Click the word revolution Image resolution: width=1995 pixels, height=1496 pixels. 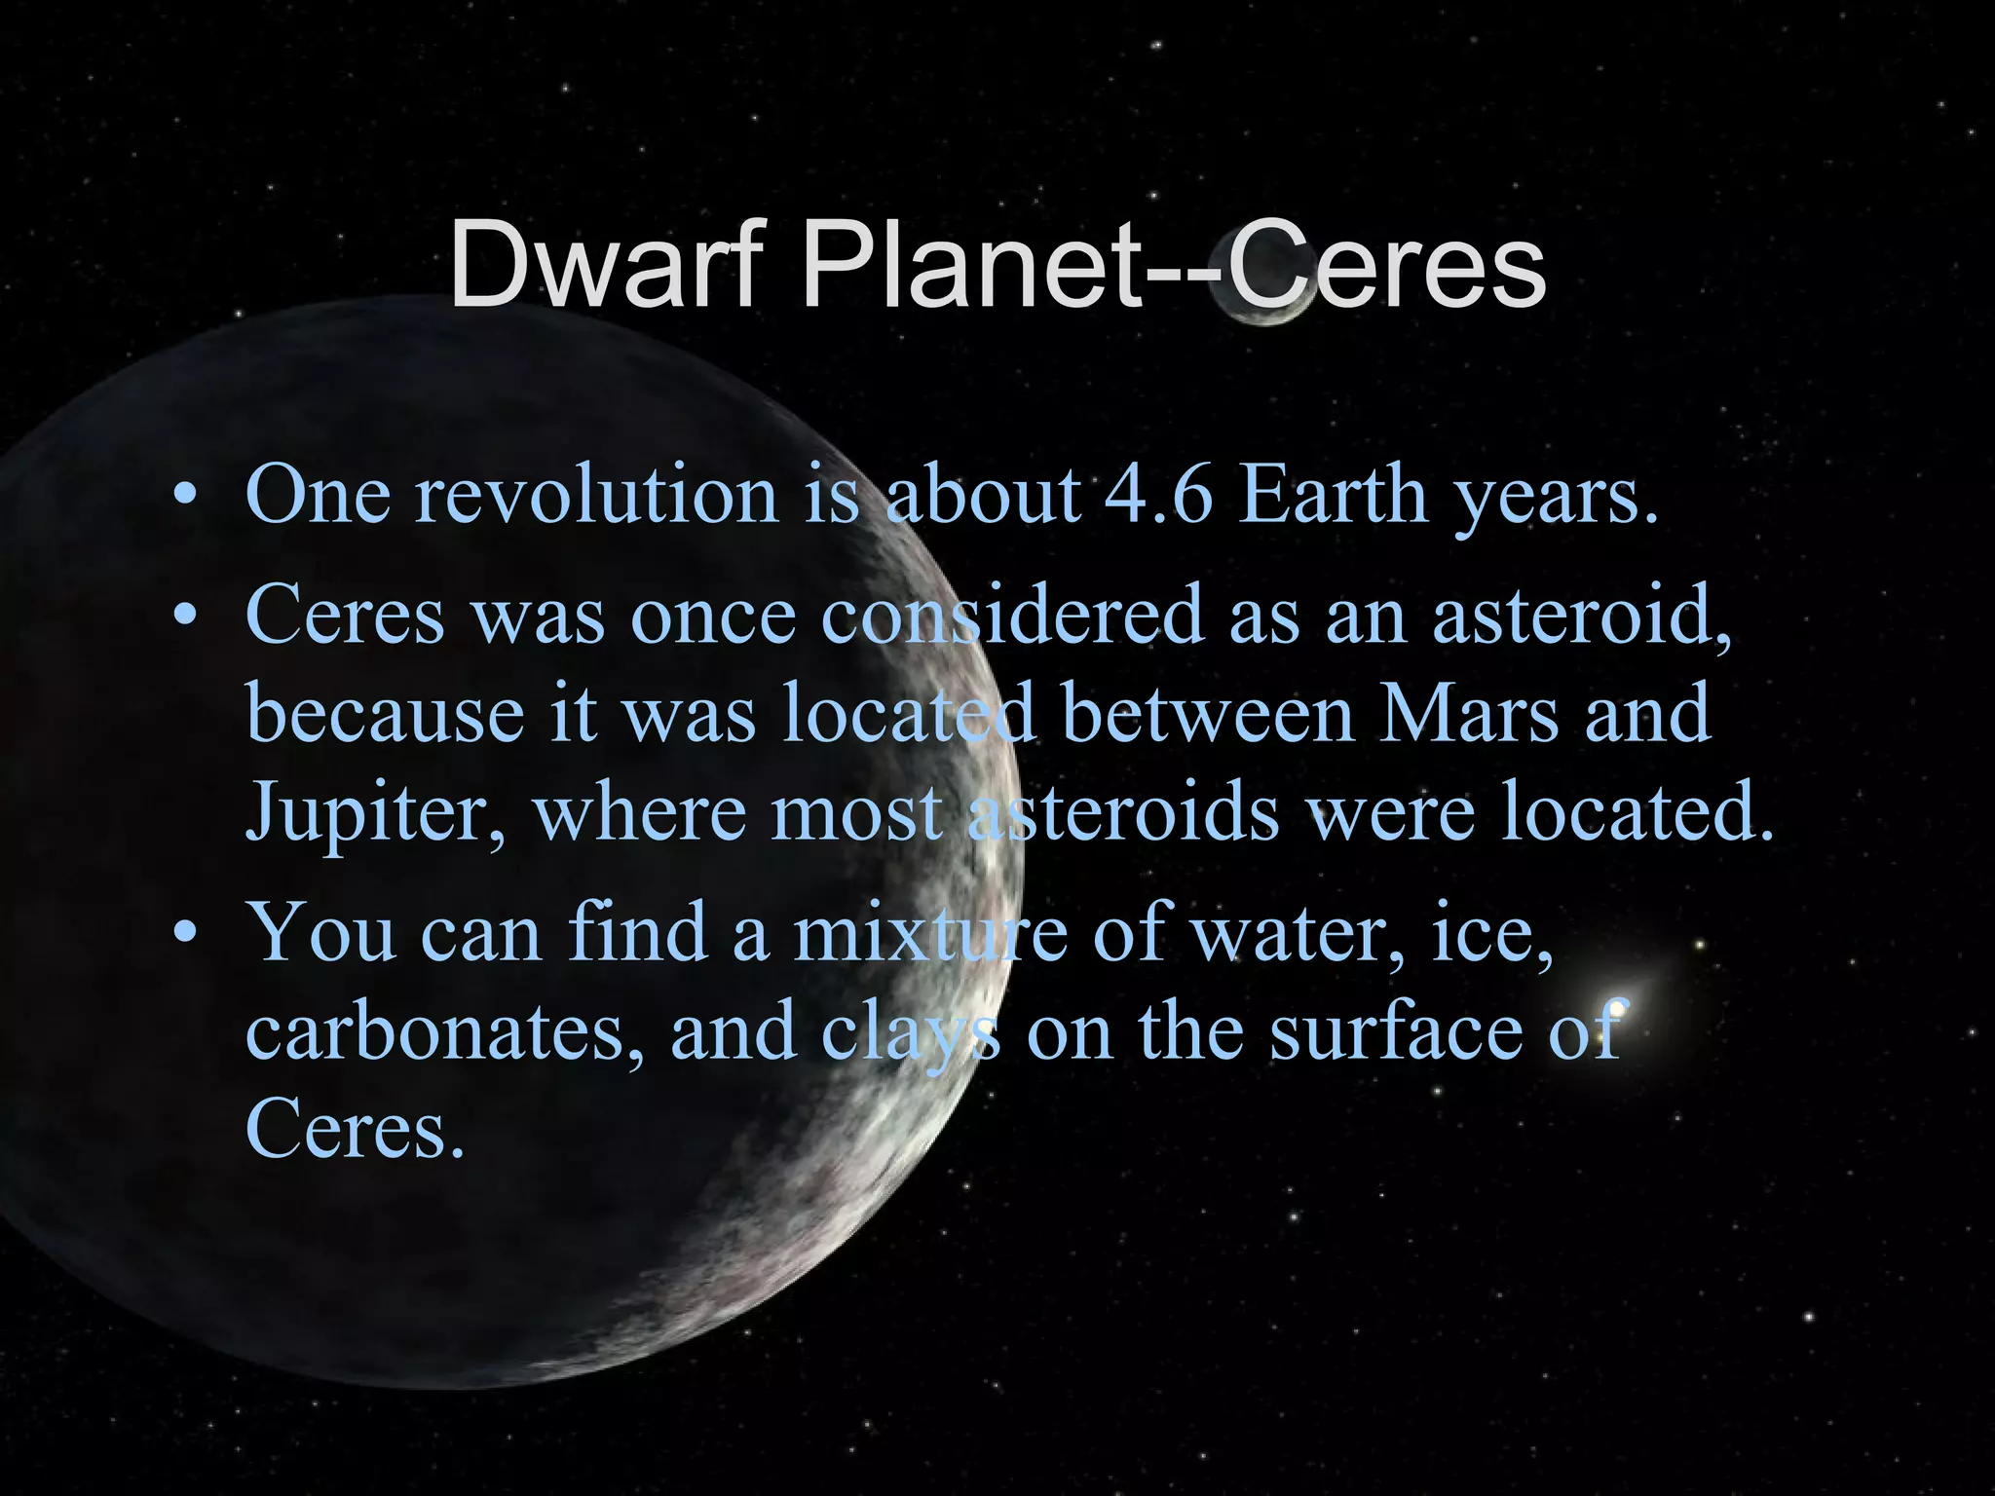click(x=596, y=495)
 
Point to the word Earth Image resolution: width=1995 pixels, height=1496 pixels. click(x=1335, y=495)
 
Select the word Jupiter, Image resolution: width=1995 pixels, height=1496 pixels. click(x=376, y=812)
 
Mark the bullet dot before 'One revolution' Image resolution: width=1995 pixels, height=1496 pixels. click(x=183, y=498)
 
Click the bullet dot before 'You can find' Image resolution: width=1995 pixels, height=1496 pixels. click(x=183, y=934)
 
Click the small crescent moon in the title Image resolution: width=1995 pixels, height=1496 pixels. click(x=1262, y=298)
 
